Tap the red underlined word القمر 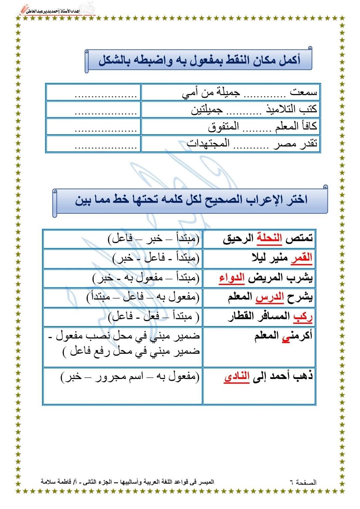303,258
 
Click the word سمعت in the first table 303,92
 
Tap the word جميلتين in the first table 207,109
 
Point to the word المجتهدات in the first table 208,144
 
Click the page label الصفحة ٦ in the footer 303,482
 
